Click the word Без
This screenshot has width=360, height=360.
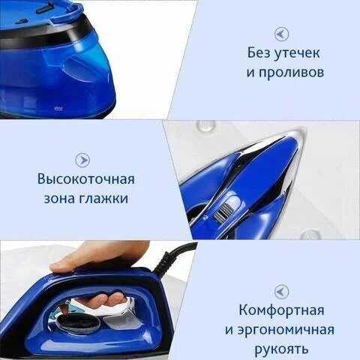pyautogui.click(x=259, y=52)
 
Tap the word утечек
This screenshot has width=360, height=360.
pyautogui.click(x=297, y=54)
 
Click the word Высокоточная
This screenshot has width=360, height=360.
pyautogui.click(x=86, y=179)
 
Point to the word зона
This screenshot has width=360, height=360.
pyautogui.click(x=59, y=199)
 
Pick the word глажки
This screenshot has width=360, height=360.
pyautogui.click(x=103, y=199)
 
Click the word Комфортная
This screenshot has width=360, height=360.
pyautogui.click(x=281, y=310)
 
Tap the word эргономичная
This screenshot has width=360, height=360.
pyautogui.click(x=286, y=330)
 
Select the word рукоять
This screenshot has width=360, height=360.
pyautogui.click(x=281, y=349)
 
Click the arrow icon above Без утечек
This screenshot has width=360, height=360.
pyautogui.click(x=282, y=34)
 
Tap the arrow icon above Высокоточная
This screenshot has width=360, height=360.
pyautogui.click(x=82, y=160)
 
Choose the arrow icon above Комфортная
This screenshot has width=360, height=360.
pyautogui.click(x=282, y=292)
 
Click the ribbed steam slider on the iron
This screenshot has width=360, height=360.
pyautogui.click(x=223, y=212)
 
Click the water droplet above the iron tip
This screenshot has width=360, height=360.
pyautogui.click(x=205, y=125)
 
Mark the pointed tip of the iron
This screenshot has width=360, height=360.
pyautogui.click(x=304, y=130)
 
